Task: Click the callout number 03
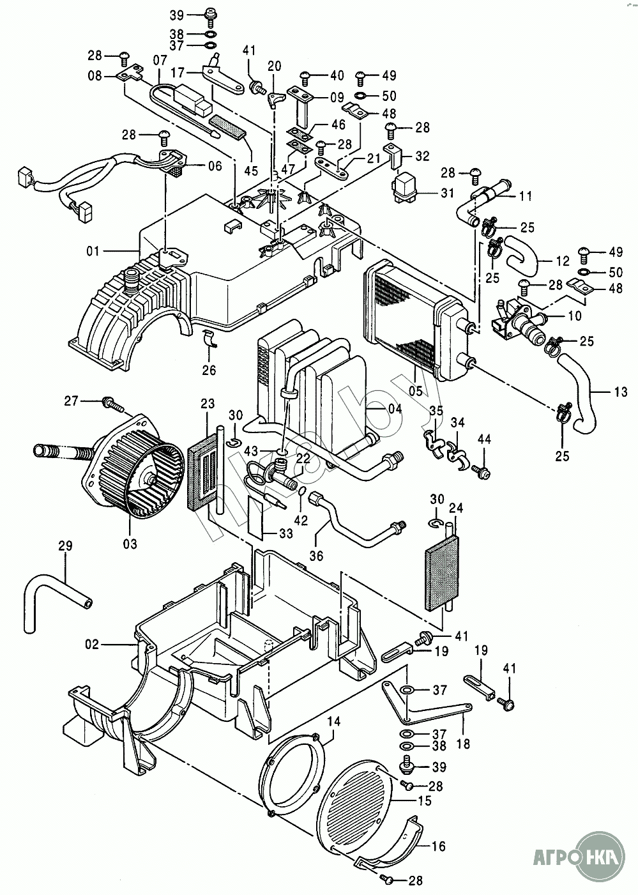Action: (130, 544)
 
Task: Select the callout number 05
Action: (416, 390)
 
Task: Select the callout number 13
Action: (620, 392)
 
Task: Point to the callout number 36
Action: (316, 555)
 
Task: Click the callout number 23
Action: (208, 403)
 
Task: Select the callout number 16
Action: (438, 846)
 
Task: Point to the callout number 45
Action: (251, 171)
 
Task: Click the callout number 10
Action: (575, 316)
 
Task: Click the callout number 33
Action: (286, 533)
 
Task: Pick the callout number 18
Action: (463, 744)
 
